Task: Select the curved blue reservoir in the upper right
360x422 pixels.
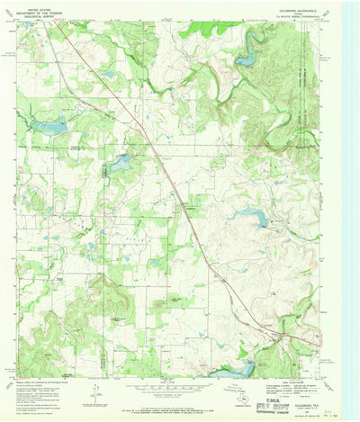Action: (246, 59)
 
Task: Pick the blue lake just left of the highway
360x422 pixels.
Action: (119, 163)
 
